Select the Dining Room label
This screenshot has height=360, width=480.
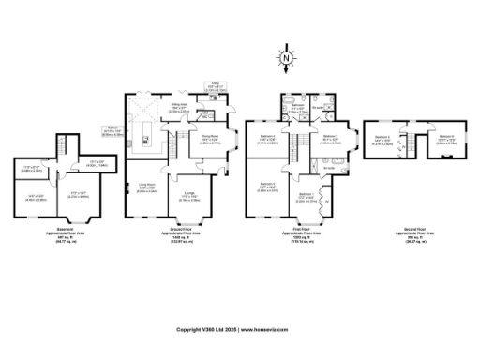210,141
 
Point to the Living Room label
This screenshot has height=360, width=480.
147,187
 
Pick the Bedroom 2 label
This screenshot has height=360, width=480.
267,186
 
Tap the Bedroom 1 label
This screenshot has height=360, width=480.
307,198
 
